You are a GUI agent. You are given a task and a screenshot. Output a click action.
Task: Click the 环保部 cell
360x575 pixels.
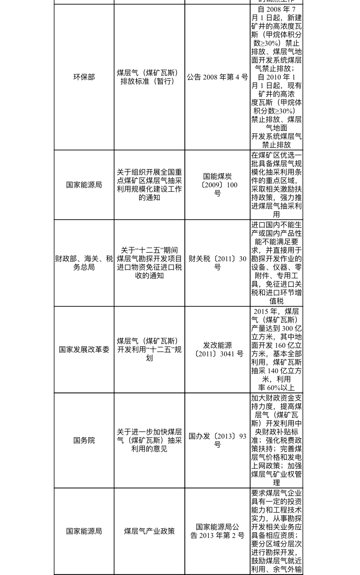(x=84, y=77)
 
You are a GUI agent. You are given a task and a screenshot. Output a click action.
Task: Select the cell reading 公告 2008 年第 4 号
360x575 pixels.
(x=217, y=77)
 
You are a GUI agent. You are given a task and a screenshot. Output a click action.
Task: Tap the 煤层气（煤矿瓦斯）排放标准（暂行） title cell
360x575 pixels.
(x=149, y=77)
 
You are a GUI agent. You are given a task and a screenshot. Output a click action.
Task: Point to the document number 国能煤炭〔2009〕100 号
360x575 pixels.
(x=217, y=185)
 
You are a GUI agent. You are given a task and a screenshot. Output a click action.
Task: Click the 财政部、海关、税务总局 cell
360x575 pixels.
(x=84, y=263)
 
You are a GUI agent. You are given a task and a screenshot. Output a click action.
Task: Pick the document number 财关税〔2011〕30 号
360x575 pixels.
(x=217, y=263)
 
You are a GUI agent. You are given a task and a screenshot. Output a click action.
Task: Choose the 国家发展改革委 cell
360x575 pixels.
(x=84, y=349)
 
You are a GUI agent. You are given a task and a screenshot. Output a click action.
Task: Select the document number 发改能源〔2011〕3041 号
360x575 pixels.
(x=217, y=349)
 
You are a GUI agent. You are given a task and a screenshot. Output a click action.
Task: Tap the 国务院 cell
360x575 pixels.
(x=84, y=440)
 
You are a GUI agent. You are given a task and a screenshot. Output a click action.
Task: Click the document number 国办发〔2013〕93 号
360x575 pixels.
(x=217, y=440)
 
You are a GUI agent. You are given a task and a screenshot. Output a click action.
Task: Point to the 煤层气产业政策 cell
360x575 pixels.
(x=149, y=531)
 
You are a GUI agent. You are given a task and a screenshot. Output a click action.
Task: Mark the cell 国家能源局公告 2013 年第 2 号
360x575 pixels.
(x=217, y=531)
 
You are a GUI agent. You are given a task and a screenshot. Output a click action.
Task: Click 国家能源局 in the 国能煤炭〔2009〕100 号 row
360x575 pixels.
(x=84, y=185)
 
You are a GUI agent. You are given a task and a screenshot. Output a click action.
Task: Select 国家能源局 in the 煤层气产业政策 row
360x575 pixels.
(x=84, y=531)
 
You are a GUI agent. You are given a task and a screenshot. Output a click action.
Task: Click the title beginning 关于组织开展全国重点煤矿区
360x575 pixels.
(x=149, y=185)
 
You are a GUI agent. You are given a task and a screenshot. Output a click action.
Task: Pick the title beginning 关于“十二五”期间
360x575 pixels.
(x=149, y=263)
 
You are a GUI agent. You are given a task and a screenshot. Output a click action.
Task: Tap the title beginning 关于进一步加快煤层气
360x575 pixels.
(x=149, y=440)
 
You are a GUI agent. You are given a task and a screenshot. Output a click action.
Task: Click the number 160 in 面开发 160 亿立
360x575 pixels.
(x=282, y=345)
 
